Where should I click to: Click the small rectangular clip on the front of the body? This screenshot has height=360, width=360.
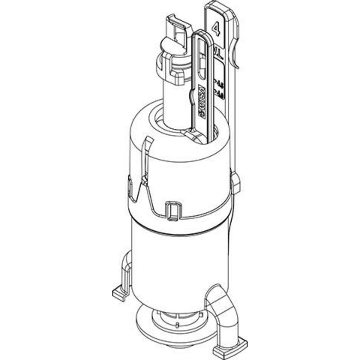coord(172,210)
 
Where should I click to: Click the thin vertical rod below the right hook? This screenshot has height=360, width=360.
coord(235,120)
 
